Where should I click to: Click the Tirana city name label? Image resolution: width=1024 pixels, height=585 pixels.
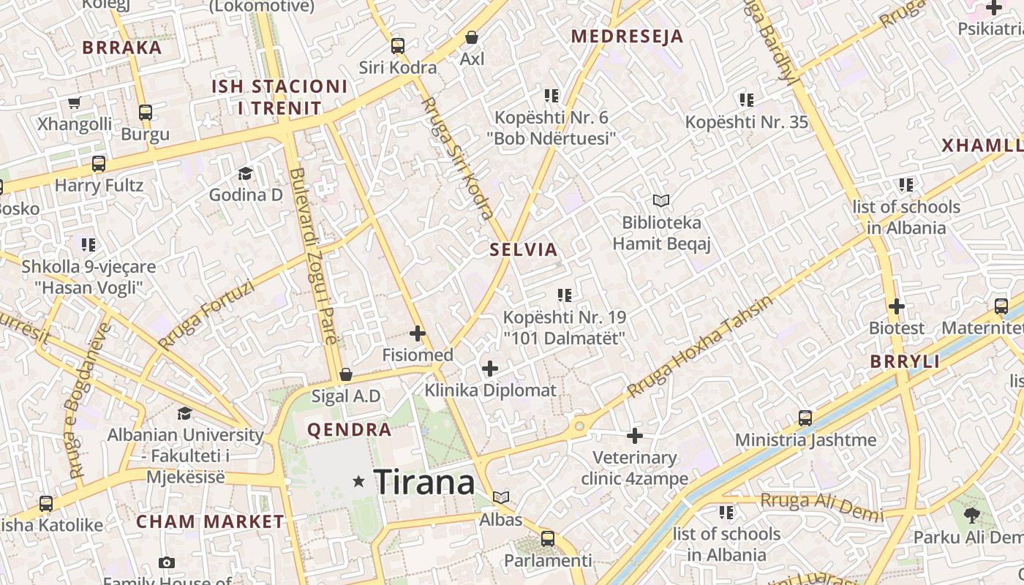[x=424, y=483]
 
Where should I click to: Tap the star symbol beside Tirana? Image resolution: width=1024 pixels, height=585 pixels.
[x=358, y=481]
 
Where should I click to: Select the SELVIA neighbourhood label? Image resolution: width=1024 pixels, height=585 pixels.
[x=524, y=249]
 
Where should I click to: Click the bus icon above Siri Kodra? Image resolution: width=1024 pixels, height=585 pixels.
[x=398, y=46]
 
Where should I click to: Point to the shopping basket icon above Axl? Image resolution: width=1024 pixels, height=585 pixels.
[x=473, y=37]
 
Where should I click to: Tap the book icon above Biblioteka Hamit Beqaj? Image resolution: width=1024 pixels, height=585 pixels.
[x=661, y=200]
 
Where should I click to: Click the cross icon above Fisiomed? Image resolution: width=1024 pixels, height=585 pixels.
[x=418, y=333]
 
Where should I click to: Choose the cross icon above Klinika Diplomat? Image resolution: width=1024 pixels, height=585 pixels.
[x=490, y=369]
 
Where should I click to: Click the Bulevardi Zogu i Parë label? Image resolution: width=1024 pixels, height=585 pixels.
[x=313, y=256]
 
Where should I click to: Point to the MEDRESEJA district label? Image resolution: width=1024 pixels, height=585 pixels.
[x=627, y=37]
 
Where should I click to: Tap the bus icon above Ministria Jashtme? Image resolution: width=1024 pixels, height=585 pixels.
[x=805, y=418]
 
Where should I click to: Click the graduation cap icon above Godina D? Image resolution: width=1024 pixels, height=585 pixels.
[x=245, y=173]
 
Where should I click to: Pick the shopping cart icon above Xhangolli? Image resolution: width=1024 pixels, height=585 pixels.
[x=74, y=102]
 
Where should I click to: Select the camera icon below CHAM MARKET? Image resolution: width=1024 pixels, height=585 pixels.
[x=167, y=562]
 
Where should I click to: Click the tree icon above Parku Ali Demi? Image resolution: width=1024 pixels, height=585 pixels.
[x=972, y=516]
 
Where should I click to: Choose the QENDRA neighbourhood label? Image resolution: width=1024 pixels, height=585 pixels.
[x=350, y=430]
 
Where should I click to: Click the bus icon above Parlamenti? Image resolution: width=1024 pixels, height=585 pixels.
[x=548, y=539]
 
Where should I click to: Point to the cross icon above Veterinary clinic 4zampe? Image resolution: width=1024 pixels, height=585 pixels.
[x=635, y=437]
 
